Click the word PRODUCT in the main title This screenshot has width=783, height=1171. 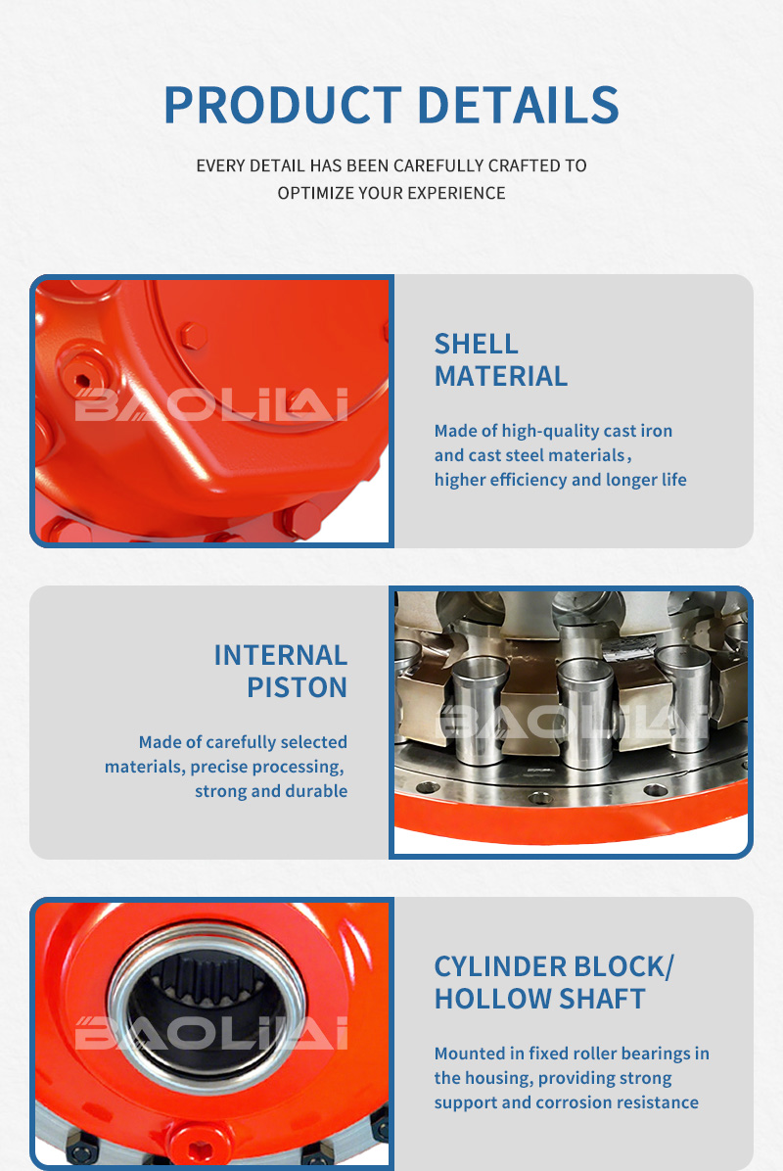(283, 105)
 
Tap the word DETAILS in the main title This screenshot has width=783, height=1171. (518, 105)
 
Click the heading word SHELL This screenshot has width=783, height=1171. (477, 345)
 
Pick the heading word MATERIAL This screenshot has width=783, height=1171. (501, 376)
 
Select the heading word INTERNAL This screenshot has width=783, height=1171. (281, 656)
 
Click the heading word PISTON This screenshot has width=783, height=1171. (298, 687)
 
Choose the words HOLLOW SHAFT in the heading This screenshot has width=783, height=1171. (539, 1000)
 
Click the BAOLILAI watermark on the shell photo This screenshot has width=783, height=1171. (211, 404)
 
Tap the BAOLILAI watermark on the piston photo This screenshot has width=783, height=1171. (573, 722)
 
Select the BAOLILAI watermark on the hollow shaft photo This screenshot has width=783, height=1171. (211, 1033)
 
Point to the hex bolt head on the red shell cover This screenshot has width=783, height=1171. (194, 335)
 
